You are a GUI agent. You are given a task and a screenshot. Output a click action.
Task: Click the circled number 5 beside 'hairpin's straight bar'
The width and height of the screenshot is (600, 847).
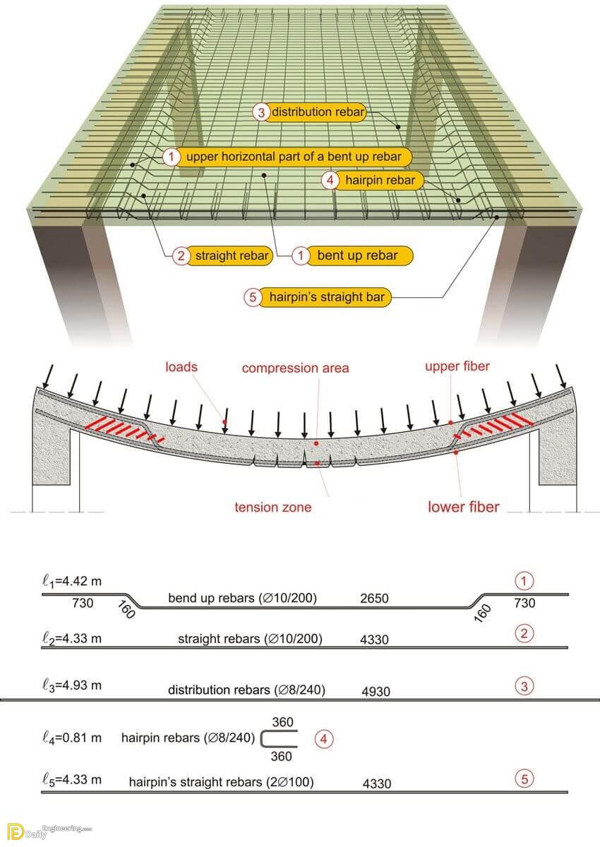(x=253, y=297)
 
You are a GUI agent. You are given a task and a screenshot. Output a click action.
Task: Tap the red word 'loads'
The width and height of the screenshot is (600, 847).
(x=181, y=367)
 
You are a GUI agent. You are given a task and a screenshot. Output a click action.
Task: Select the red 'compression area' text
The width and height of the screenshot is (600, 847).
(x=295, y=368)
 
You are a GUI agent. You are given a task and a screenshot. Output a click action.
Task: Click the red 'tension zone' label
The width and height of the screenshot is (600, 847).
(x=273, y=507)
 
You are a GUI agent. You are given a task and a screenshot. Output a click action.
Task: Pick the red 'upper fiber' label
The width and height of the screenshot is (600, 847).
(x=457, y=366)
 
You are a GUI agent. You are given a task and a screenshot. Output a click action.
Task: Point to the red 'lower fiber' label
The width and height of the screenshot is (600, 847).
(x=464, y=507)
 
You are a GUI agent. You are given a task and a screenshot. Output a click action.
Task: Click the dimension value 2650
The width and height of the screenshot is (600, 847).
(x=374, y=599)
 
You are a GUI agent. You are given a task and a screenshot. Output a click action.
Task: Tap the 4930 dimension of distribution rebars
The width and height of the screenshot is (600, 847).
(x=376, y=691)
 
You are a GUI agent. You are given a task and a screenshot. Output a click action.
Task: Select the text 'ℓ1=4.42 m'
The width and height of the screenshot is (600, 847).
(x=72, y=582)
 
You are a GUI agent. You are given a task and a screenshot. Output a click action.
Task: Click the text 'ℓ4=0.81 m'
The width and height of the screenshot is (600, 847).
(x=72, y=738)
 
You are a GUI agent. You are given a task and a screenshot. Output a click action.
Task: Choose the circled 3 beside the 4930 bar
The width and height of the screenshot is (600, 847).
(x=524, y=686)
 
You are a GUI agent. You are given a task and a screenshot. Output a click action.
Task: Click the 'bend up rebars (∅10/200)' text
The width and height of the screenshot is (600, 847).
(x=242, y=598)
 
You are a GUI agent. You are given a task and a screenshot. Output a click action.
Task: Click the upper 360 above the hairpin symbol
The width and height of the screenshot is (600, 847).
(x=283, y=722)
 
